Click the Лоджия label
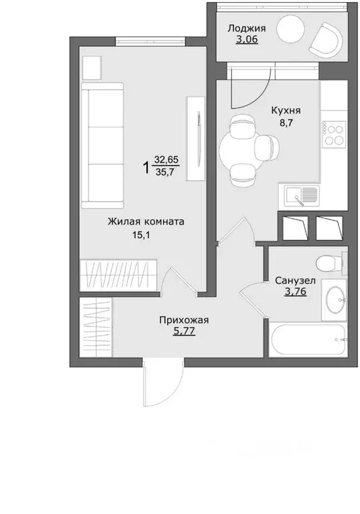click(247, 29)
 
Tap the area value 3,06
click(247, 40)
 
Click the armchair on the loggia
click(326, 39)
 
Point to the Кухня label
click(286, 111)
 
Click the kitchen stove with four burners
click(334, 133)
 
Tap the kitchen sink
click(302, 196)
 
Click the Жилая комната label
click(146, 222)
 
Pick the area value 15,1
click(141, 235)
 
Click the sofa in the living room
click(103, 145)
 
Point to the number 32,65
click(166, 159)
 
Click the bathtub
click(308, 340)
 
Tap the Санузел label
click(296, 281)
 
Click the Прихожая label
click(184, 320)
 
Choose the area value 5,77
click(184, 331)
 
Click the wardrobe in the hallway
click(96, 327)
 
